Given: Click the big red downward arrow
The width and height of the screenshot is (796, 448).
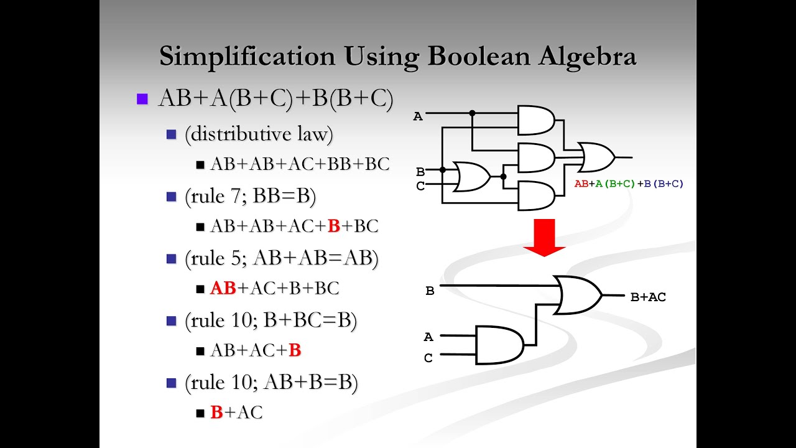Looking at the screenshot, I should tap(544, 236).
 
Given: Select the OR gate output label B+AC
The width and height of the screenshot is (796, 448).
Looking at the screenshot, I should tap(648, 297).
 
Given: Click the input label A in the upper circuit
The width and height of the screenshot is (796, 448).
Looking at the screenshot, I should tap(418, 116).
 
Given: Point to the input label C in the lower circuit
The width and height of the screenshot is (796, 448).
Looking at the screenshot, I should tap(428, 358).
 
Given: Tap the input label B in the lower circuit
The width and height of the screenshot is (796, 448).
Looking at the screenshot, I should tap(430, 291).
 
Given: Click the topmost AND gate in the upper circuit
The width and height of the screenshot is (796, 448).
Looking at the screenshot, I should tap(535, 120).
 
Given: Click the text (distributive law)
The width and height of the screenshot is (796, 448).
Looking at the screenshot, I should tap(259, 134).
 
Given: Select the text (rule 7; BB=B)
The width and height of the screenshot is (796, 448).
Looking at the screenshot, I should tap(250, 197).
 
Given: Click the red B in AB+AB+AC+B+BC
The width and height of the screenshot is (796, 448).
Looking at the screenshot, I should tap(334, 226).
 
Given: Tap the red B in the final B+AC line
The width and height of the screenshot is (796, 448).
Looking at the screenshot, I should tap(216, 412).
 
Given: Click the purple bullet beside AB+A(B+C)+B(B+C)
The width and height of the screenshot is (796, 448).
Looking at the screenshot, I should tap(142, 99).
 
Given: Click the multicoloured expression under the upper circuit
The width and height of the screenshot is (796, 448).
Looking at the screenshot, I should tap(629, 184).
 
